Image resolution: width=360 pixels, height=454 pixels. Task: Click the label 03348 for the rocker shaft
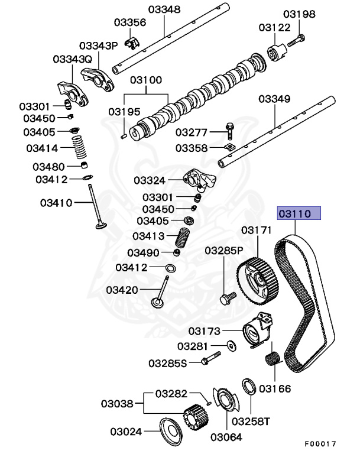pos(164,9)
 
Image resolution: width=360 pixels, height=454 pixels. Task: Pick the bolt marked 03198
pos(297,39)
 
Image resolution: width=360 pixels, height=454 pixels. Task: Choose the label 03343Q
pos(72,59)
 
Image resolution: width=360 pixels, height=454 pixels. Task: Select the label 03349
pos(274,99)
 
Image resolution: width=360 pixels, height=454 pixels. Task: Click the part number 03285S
pos(167,362)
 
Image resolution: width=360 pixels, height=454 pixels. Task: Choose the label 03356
pos(129,22)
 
